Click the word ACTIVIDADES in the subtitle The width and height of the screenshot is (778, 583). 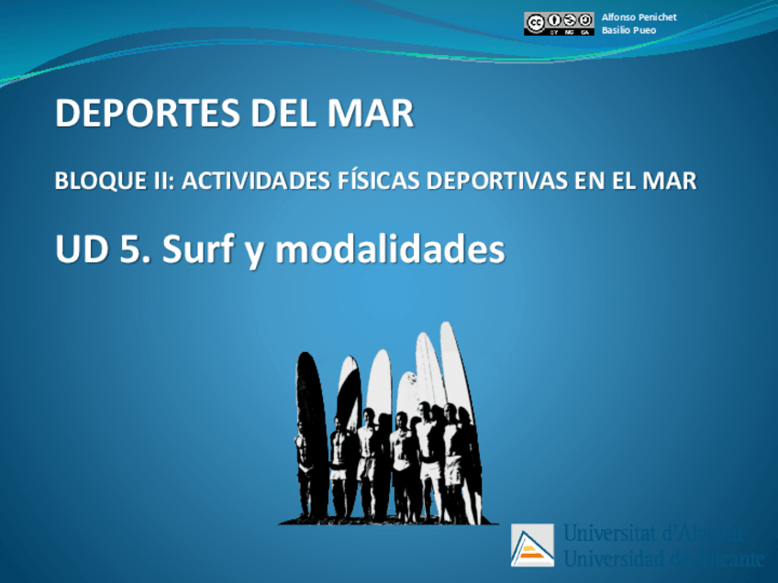260,181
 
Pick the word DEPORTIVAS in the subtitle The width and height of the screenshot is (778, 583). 512,181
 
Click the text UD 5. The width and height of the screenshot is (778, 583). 101,249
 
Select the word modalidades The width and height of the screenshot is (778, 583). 391,249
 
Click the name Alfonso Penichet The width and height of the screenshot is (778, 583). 639,17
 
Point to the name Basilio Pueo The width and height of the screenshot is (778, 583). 628,30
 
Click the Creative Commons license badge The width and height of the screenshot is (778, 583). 559,23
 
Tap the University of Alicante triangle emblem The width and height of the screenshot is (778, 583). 532,545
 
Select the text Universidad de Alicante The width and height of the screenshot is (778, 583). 662,558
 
